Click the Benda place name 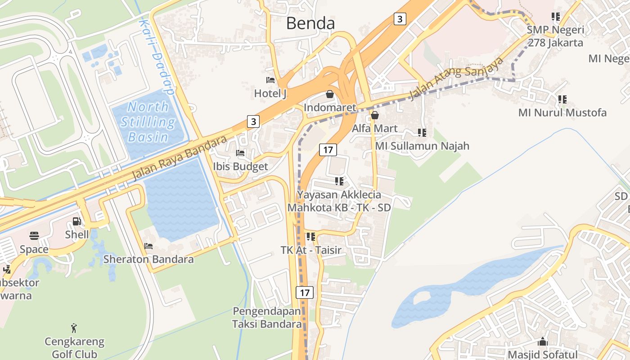[x=310, y=23]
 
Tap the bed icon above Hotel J [x=270, y=80]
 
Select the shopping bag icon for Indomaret [x=330, y=94]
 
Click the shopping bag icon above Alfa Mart [x=375, y=115]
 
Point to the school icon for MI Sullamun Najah [x=422, y=132]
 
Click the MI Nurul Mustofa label [x=562, y=112]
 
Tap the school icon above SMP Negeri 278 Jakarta [x=556, y=17]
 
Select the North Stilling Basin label [x=148, y=121]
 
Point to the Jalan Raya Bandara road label [x=179, y=158]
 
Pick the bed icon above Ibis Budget [x=240, y=153]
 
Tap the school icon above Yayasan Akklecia [x=339, y=181]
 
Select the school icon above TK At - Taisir [x=310, y=236]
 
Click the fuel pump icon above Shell [x=77, y=221]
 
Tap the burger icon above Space [x=34, y=236]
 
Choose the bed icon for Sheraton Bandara [x=148, y=246]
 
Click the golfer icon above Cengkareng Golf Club [x=74, y=328]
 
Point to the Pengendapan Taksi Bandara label [x=267, y=317]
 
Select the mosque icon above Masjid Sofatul [x=543, y=342]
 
